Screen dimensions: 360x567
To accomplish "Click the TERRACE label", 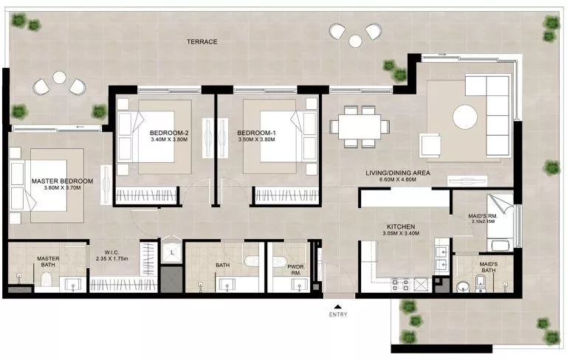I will click(201, 42).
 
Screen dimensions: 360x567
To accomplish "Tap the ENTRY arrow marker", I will click(338, 305).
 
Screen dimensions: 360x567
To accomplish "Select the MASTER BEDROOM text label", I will click(62, 181).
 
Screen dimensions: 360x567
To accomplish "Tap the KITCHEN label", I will click(403, 227).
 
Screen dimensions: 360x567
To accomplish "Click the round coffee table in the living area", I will click(465, 116).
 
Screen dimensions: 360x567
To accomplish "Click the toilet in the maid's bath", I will click(464, 285).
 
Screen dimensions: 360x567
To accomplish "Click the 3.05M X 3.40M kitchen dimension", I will click(403, 235).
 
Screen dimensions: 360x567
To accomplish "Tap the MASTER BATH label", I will click(48, 262).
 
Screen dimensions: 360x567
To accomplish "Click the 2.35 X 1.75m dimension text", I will click(113, 258).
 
